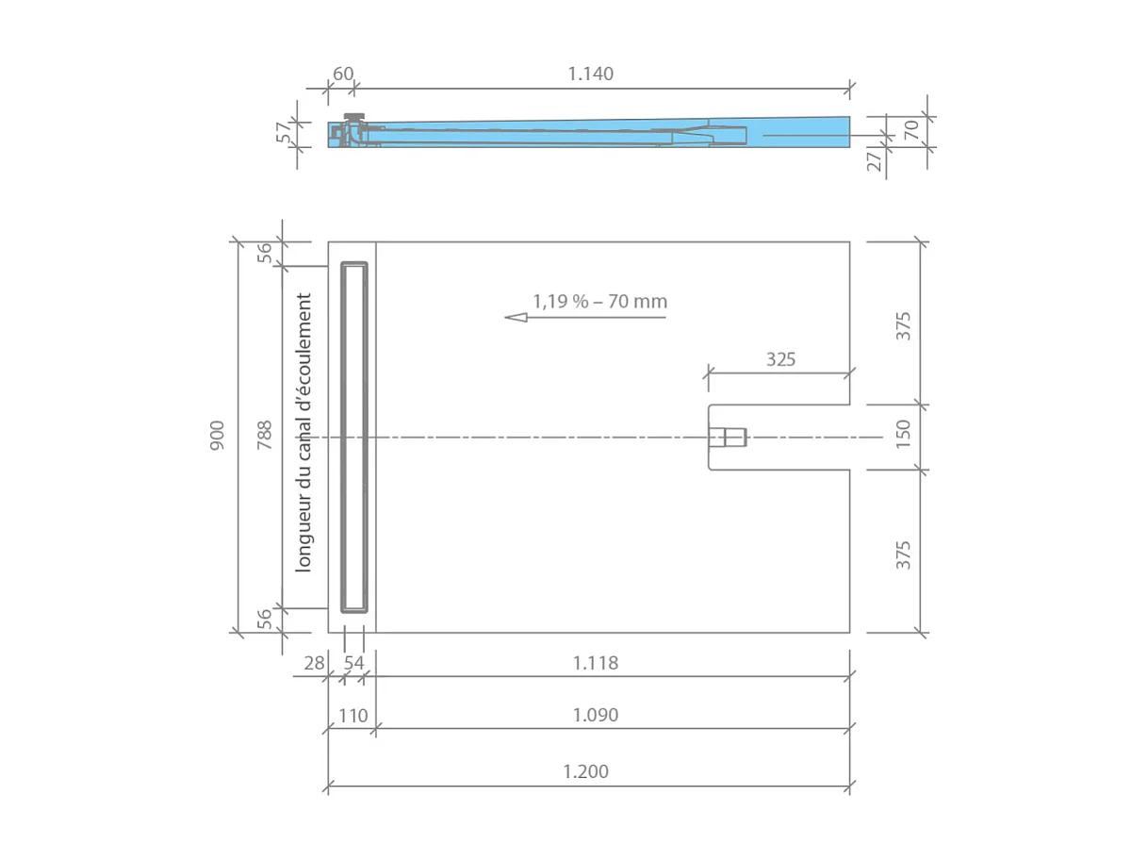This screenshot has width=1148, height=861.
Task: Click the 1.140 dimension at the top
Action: coord(591,74)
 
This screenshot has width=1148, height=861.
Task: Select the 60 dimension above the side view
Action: coord(343,74)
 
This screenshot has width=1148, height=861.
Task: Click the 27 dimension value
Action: coord(875,160)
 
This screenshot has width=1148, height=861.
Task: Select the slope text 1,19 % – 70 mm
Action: coord(599,302)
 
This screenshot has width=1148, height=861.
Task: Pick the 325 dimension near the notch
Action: coord(780,359)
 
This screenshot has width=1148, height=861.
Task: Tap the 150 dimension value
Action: coord(904,436)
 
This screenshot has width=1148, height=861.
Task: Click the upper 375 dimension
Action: coord(904,325)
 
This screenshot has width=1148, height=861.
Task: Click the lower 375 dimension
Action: coord(904,555)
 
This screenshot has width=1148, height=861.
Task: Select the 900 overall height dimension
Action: coord(218,435)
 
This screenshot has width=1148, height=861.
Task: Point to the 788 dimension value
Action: coord(265,435)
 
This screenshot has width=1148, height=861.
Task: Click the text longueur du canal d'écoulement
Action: coord(303,434)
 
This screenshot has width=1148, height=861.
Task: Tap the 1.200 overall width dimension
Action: coord(586,771)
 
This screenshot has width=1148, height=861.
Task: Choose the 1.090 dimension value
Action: coord(596,716)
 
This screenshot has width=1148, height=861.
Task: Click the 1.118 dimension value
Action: coord(596,663)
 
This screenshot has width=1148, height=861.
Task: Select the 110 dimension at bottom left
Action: coord(353,716)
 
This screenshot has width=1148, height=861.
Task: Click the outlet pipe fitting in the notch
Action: coord(728,438)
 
